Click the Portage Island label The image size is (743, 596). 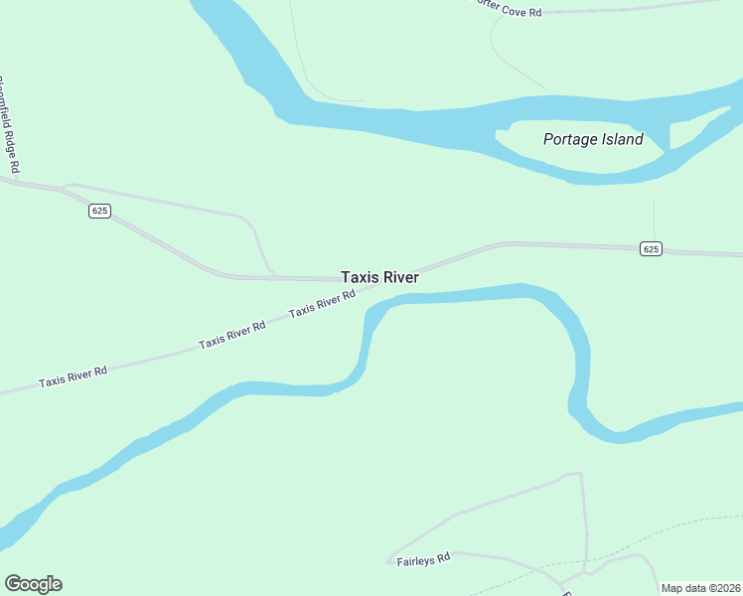593,139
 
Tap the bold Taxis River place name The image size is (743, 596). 379,278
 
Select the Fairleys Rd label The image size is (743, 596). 424,560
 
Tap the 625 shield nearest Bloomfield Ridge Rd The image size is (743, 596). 98,211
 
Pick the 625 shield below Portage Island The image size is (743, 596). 650,248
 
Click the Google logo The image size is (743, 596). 33,584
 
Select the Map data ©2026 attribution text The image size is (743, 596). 700,588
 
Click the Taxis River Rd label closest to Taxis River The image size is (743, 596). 322,304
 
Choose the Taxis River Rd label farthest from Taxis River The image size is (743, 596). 73,377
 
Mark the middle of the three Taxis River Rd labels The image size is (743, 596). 231,335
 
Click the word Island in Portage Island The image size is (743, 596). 622,139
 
